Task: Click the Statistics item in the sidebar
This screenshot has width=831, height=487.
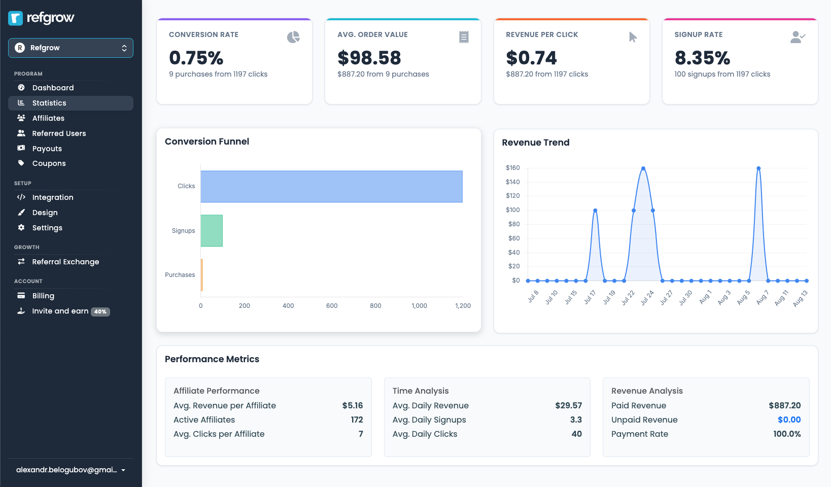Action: [49, 103]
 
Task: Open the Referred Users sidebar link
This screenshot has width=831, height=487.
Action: [59, 133]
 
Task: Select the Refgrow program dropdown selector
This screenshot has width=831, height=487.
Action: [71, 48]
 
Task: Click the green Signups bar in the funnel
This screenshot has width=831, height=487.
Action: [212, 231]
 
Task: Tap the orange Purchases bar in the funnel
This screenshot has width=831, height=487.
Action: [202, 275]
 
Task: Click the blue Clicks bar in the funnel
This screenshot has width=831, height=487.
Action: [331, 187]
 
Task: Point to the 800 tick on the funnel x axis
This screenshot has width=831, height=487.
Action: [375, 306]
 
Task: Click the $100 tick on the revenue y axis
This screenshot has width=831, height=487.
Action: [512, 210]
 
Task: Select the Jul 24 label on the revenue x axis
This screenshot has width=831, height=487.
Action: [647, 298]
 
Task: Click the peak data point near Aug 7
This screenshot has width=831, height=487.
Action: [758, 168]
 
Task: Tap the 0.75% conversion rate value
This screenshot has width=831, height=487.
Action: [196, 58]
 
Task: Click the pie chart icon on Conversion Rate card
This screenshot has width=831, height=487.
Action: [293, 37]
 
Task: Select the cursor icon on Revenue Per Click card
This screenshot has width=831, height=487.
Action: [633, 37]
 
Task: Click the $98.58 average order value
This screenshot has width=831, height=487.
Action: [369, 58]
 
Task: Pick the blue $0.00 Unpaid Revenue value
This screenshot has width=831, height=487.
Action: [789, 420]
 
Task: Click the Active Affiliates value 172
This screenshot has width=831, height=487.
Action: [357, 420]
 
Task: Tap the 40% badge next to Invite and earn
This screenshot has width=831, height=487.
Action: [100, 311]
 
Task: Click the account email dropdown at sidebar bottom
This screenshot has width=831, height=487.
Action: [71, 470]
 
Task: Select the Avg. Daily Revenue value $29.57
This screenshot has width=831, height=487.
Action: [568, 405]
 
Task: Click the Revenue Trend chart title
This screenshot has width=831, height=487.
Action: [535, 143]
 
